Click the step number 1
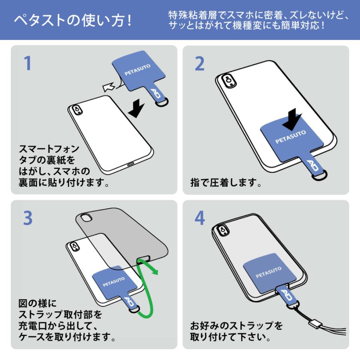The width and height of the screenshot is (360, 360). tap(28, 63)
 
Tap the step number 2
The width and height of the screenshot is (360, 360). tap(200, 63)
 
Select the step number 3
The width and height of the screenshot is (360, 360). tap(28, 218)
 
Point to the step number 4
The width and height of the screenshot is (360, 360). tap(200, 218)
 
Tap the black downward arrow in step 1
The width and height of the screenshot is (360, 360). tap(137, 108)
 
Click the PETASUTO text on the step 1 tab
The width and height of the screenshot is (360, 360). tap(138, 70)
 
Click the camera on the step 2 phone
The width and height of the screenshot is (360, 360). tap(228, 80)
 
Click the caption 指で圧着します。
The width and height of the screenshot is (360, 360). tap(226, 184)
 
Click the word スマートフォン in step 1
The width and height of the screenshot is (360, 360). tap(49, 149)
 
